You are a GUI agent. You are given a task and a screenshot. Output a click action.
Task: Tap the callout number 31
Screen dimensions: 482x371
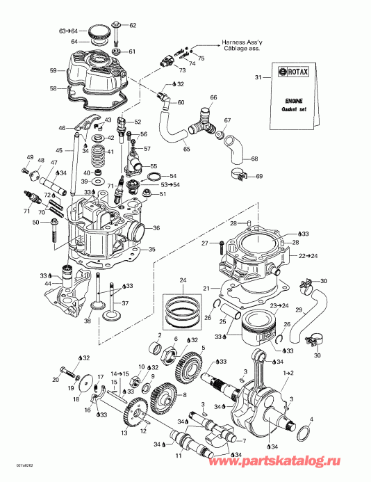[x=258, y=77]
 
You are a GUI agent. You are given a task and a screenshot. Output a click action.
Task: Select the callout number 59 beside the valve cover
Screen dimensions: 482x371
[x=52, y=70]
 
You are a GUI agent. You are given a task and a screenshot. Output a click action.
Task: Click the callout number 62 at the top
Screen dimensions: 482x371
[x=133, y=25]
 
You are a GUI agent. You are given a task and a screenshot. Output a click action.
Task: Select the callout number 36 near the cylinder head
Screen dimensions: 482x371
[x=156, y=228]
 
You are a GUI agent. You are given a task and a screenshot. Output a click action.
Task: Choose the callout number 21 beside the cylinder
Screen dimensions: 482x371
[x=206, y=289]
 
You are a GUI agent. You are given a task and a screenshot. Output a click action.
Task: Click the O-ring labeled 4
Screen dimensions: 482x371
[x=304, y=435]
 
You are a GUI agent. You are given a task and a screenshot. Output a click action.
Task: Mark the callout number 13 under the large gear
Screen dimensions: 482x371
[x=124, y=433]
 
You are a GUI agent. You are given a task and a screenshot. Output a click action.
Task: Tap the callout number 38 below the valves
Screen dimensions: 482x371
[x=88, y=321]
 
